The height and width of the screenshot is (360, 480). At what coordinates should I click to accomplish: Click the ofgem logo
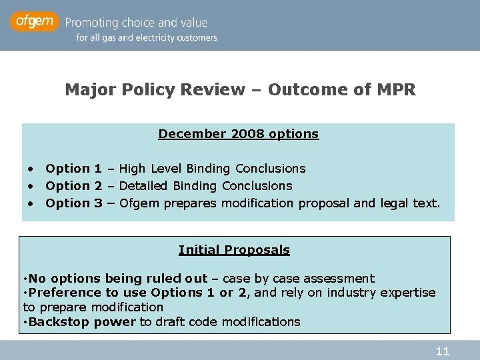coord(34,21)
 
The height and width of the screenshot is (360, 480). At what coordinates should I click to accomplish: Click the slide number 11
coord(442,351)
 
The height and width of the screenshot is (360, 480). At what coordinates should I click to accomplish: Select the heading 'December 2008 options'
coord(238,134)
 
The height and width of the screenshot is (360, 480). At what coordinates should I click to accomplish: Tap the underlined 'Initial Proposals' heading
coord(234,250)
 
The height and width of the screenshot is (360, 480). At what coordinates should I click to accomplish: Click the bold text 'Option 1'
coord(73,169)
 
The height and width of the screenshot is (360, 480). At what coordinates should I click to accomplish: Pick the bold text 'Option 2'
coord(73,186)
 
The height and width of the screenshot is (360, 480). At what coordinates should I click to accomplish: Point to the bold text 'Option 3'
coord(73,203)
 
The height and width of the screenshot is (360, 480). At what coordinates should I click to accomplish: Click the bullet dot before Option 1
coord(31,169)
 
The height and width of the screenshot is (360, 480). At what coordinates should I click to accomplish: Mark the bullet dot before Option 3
coord(31,203)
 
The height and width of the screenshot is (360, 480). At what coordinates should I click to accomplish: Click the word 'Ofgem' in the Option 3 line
coord(139,203)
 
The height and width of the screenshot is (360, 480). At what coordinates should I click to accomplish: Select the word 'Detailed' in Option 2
coord(144,186)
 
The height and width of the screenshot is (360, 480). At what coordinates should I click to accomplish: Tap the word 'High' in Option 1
coord(133,169)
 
